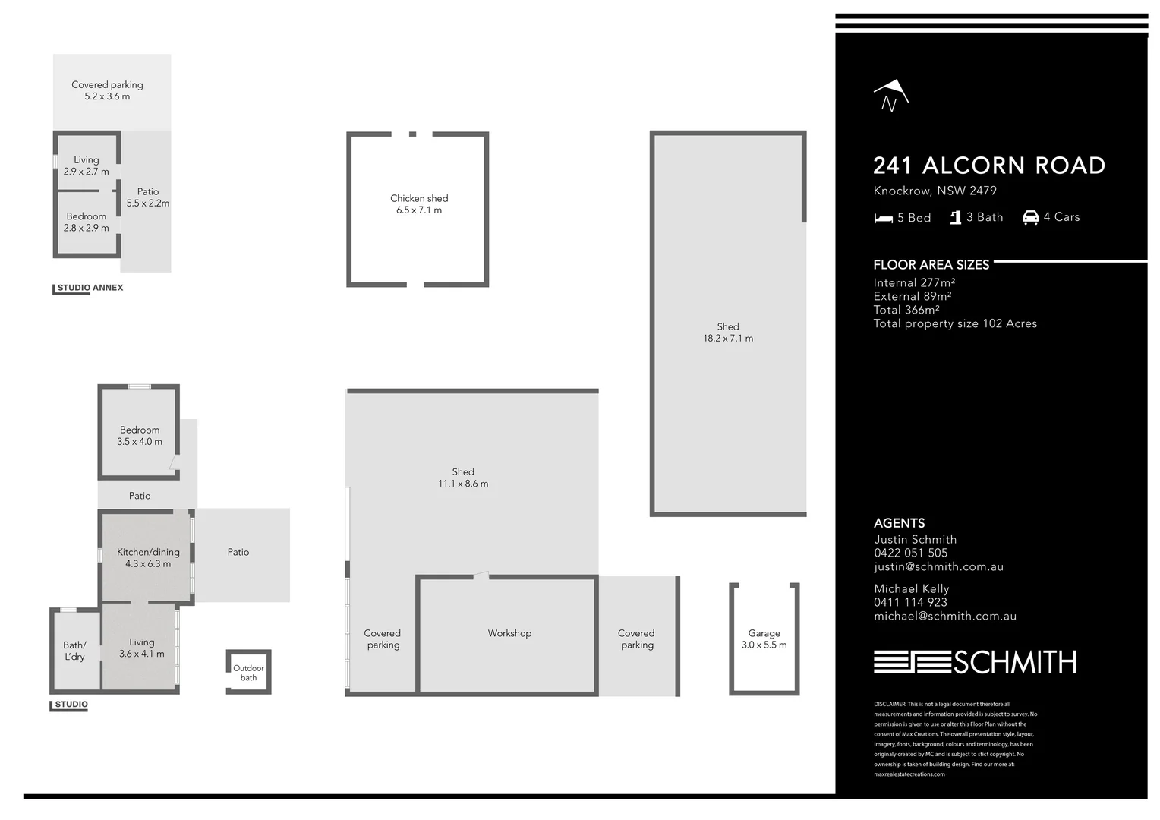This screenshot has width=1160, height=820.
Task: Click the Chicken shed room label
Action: [x=419, y=199]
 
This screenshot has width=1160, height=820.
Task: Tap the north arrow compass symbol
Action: [x=890, y=96]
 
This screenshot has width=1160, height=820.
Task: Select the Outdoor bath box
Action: [x=248, y=673]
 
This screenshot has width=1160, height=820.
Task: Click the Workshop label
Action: [x=509, y=633]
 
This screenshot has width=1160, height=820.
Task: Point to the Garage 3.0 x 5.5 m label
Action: [x=764, y=639]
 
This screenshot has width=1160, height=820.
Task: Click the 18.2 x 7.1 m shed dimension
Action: [x=727, y=339]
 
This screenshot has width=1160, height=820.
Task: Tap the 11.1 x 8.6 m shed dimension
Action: [x=463, y=484]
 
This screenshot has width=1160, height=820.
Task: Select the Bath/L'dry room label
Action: [x=74, y=651]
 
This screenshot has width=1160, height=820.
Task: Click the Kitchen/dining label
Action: [x=148, y=552]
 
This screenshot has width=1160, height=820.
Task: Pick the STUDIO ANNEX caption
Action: [x=90, y=288]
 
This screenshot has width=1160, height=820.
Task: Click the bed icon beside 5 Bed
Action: [x=883, y=219]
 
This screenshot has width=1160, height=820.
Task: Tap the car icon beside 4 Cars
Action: [x=1030, y=218]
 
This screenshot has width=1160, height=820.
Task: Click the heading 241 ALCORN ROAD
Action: [x=988, y=166]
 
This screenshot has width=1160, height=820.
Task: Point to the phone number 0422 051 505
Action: [x=910, y=553]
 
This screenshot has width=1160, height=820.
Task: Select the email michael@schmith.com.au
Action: [x=944, y=616]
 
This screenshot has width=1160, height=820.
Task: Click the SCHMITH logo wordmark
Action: [x=1014, y=663]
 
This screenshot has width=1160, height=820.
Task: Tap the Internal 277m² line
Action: [x=914, y=282]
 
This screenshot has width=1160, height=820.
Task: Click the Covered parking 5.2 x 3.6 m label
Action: [x=107, y=90]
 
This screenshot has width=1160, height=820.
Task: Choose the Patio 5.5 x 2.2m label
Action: [x=148, y=197]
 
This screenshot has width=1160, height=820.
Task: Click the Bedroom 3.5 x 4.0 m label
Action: [x=140, y=436]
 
